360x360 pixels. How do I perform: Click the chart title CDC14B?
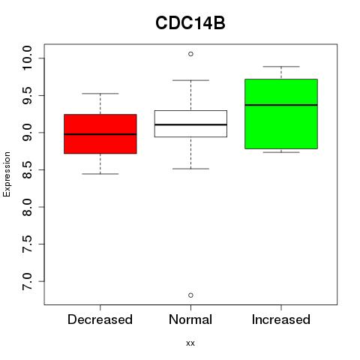[x=190, y=23]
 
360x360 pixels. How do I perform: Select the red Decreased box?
[x=100, y=133]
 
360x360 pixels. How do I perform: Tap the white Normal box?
[x=190, y=124]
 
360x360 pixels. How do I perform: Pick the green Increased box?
[x=281, y=114]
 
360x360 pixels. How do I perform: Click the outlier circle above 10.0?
[x=190, y=54]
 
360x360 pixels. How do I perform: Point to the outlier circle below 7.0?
[x=190, y=295]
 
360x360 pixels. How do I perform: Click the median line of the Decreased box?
[x=100, y=134]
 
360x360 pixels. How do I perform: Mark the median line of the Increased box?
[x=281, y=105]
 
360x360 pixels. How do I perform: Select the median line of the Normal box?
[x=190, y=124]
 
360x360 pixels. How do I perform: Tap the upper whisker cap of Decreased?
[x=100, y=94]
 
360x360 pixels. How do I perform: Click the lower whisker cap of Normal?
[x=190, y=169]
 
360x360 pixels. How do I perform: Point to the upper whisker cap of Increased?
[x=281, y=67]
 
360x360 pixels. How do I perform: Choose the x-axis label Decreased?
[x=100, y=319]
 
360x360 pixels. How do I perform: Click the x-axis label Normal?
[x=190, y=319]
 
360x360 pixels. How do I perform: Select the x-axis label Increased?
[x=281, y=319]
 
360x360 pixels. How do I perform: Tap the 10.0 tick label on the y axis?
[x=27, y=58]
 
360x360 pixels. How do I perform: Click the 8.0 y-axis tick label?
[x=27, y=207]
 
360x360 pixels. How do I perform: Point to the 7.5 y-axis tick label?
[x=27, y=244]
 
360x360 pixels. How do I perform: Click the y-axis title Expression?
[x=7, y=174]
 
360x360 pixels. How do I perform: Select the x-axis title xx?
[x=190, y=343]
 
